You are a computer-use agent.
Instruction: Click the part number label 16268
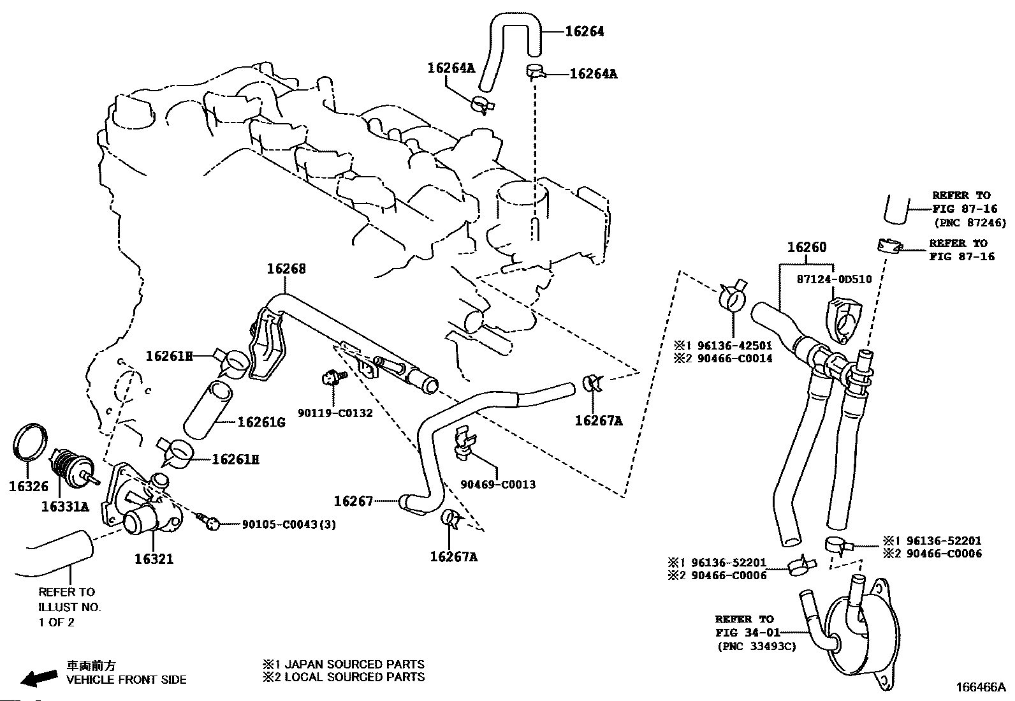(286, 269)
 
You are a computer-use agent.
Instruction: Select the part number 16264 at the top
(585, 31)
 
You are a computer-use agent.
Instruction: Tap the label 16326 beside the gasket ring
(28, 486)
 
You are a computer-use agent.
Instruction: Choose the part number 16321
(153, 559)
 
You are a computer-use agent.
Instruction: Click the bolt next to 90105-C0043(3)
(208, 522)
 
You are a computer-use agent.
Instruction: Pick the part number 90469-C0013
(498, 484)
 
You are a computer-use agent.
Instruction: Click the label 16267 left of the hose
(353, 501)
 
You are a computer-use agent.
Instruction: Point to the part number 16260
(806, 247)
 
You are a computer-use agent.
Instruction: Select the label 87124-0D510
(833, 279)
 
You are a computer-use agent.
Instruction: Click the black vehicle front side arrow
(38, 677)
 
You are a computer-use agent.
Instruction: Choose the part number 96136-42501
(732, 346)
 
